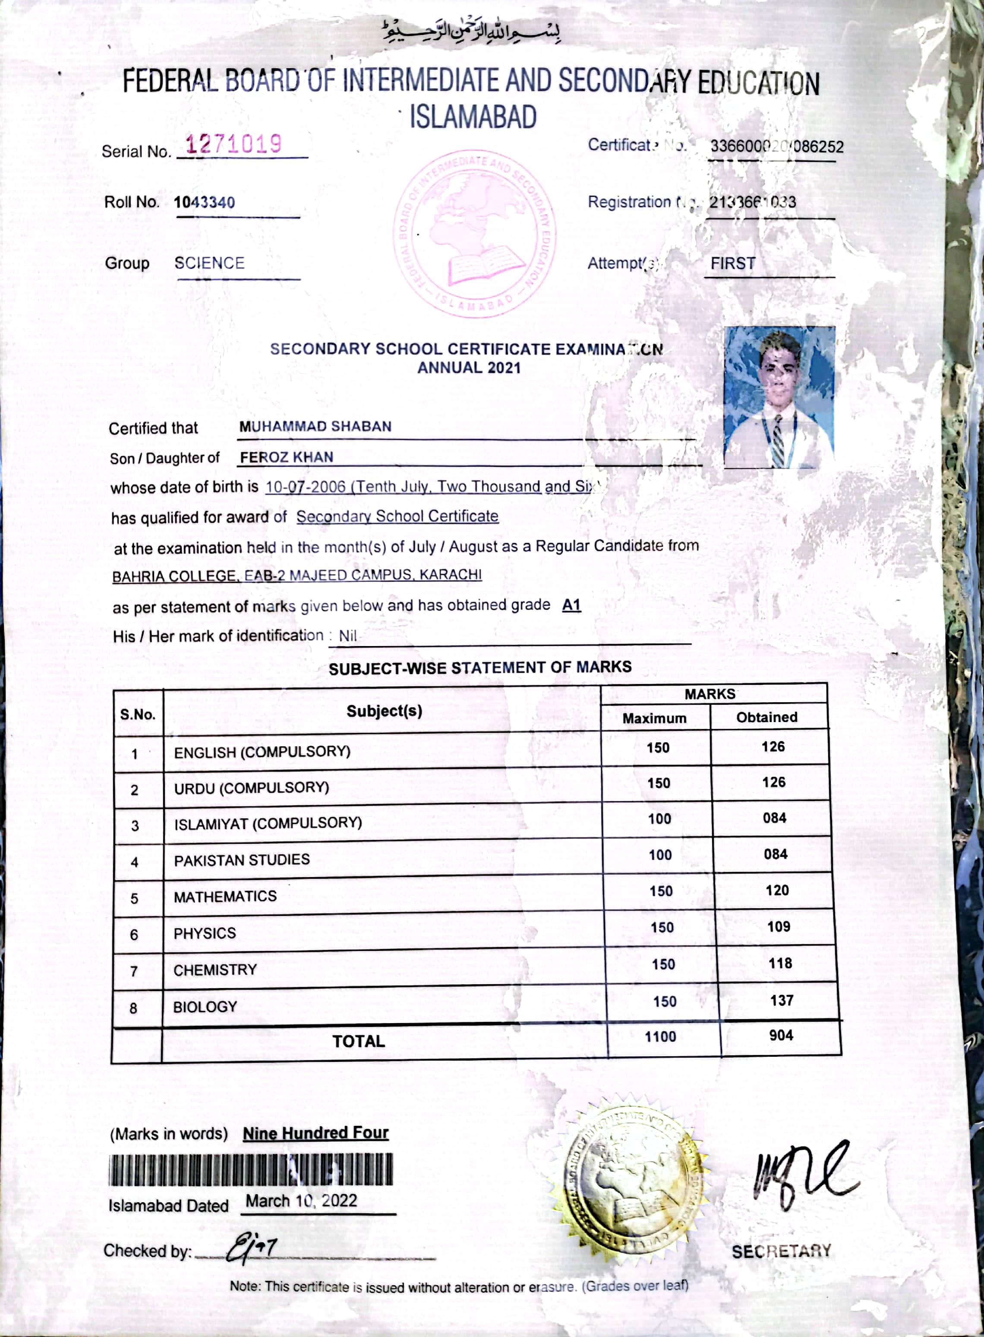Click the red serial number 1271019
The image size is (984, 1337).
pyautogui.click(x=233, y=144)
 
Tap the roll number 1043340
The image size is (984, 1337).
pyautogui.click(x=204, y=203)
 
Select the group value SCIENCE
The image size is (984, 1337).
pyautogui.click(x=209, y=263)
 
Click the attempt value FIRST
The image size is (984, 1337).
pyautogui.click(x=733, y=263)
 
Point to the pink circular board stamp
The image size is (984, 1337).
pyautogui.click(x=475, y=233)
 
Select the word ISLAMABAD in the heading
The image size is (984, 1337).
pyautogui.click(x=473, y=117)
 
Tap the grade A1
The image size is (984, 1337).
pyautogui.click(x=571, y=605)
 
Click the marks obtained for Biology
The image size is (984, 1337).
pyautogui.click(x=782, y=1000)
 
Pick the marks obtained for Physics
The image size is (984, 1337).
pyautogui.click(x=779, y=926)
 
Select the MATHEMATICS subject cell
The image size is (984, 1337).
pyautogui.click(x=225, y=896)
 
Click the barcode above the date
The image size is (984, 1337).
pyautogui.click(x=250, y=1169)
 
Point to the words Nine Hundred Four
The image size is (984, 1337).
pyautogui.click(x=315, y=1133)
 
